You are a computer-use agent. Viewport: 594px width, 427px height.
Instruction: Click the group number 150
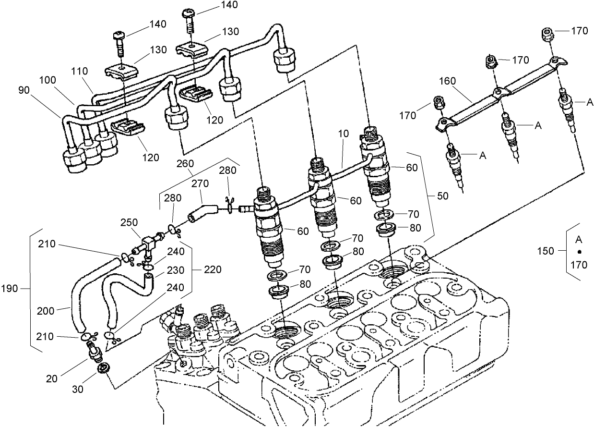tap(546, 251)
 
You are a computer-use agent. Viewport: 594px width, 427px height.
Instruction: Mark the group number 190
tap(10, 289)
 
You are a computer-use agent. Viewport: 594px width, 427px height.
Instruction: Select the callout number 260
tap(185, 163)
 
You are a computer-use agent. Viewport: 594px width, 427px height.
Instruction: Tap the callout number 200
tap(46, 311)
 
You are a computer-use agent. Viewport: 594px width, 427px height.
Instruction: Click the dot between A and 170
tap(579, 252)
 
